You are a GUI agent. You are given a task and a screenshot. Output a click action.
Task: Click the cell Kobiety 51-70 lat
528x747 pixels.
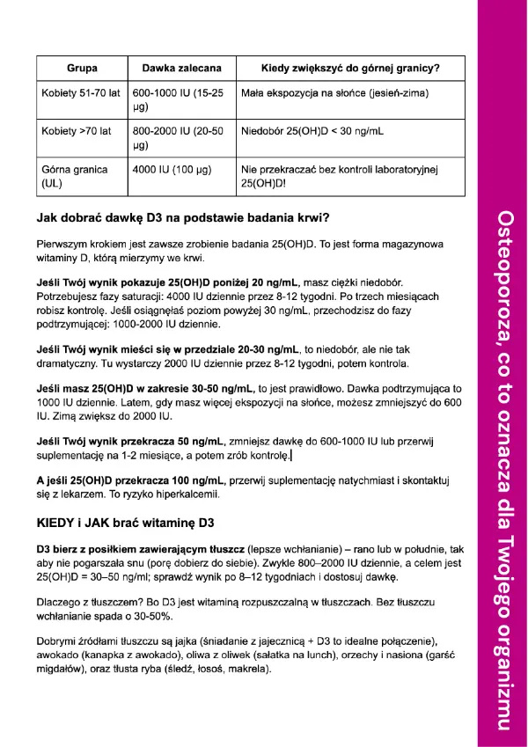pyautogui.click(x=81, y=92)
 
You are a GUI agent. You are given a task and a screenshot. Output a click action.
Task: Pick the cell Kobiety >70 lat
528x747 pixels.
pyautogui.click(x=77, y=131)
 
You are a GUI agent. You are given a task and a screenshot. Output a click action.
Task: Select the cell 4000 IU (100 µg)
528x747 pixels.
pyautogui.click(x=173, y=169)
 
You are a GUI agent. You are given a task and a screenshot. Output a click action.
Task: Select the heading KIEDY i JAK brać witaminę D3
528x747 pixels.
pyautogui.click(x=126, y=523)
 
